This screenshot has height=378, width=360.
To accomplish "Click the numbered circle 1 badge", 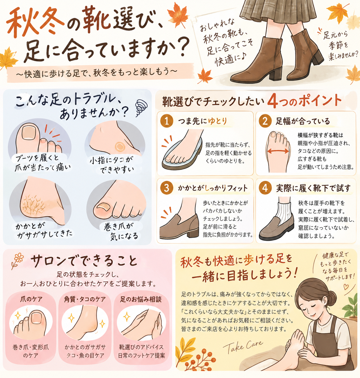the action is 167,121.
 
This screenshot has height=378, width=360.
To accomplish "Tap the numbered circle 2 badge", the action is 265,121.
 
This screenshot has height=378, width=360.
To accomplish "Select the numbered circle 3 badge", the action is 167,188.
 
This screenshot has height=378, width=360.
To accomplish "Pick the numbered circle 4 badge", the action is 265,188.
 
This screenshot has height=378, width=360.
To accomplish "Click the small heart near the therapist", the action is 346,287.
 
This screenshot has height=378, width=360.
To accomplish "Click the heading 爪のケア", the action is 31,299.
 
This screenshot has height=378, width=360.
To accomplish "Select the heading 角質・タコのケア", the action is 85,299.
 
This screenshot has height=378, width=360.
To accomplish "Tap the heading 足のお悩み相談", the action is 141,299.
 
